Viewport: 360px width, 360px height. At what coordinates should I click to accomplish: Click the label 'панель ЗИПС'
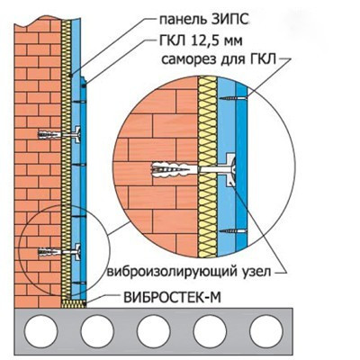(204, 20)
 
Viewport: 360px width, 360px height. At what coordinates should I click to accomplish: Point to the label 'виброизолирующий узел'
(189, 272)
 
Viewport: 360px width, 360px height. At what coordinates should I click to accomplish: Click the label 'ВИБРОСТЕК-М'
(172, 298)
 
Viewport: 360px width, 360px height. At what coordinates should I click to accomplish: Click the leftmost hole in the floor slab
(40, 332)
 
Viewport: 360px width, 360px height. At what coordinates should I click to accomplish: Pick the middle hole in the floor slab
(154, 332)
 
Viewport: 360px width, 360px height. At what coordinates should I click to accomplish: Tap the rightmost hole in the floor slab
(266, 332)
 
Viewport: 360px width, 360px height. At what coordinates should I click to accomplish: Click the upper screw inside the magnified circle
(233, 97)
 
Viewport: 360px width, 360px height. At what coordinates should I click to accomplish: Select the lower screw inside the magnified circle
(233, 231)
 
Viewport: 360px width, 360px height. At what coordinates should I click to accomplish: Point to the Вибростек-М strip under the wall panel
(74, 303)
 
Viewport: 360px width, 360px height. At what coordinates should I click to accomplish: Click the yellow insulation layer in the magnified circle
(208, 166)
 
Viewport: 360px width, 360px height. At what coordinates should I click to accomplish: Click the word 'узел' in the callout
(256, 272)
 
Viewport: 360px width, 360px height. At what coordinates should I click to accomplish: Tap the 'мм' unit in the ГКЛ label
(232, 42)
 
